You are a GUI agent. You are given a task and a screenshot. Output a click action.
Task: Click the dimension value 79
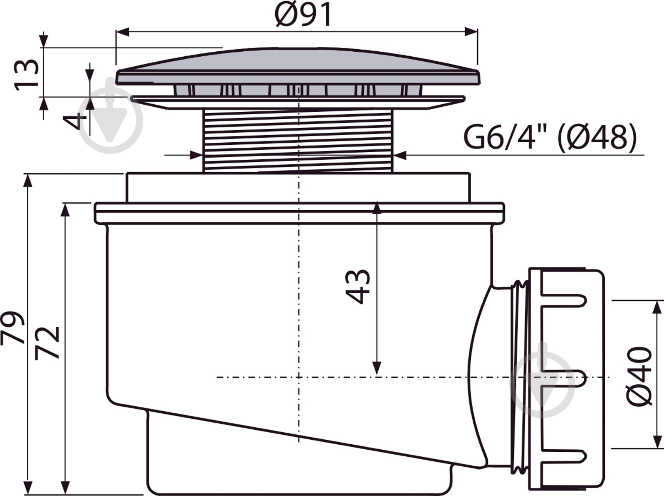[12, 328]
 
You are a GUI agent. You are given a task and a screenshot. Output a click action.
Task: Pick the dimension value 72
[47, 343]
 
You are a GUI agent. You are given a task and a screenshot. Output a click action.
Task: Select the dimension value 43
[358, 286]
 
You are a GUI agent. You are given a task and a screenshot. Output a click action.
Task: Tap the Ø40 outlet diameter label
[638, 376]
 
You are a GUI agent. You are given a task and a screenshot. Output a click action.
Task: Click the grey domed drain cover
[298, 66]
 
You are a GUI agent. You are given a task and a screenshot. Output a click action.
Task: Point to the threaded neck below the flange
[298, 141]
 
